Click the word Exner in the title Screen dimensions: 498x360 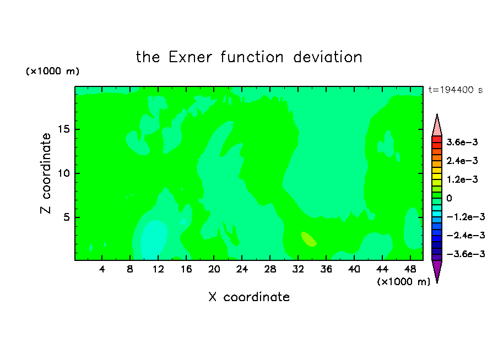[190, 57]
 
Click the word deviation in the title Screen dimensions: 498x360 [327, 57]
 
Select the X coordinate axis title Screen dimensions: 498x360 [249, 297]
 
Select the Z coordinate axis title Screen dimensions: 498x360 [46, 173]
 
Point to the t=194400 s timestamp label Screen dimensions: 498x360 [456, 90]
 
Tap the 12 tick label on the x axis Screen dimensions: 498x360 [158, 269]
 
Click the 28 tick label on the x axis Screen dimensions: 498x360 [270, 269]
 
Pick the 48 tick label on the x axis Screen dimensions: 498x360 [410, 269]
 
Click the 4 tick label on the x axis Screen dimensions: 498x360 [101, 269]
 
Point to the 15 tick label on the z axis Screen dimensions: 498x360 [63, 129]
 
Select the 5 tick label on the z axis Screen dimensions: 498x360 [66, 217]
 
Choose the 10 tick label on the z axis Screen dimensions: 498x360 [63, 173]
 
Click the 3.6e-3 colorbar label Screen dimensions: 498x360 [462, 142]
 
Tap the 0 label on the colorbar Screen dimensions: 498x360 [449, 198]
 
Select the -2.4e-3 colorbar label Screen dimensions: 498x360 [465, 235]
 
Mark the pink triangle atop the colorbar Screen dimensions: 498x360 [437, 125]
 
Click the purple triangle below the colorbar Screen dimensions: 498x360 [437, 271]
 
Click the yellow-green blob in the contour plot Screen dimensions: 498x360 [308, 239]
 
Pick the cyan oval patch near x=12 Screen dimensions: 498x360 [154, 239]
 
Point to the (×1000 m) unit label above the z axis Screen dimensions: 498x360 [52, 71]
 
